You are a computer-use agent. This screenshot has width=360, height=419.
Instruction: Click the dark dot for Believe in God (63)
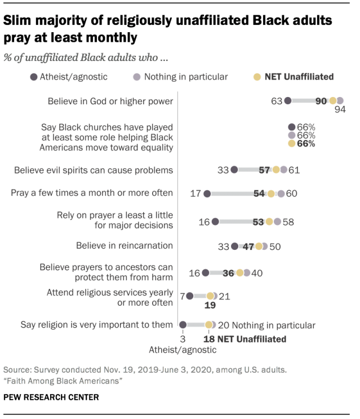coord(288,101)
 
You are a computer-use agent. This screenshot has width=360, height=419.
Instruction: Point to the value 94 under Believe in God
coord(340,110)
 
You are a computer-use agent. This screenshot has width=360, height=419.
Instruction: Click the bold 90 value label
coord(321,101)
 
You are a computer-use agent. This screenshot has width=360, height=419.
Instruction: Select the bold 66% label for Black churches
coord(306,144)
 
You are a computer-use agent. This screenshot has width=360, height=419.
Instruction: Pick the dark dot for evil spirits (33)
coord(234,169)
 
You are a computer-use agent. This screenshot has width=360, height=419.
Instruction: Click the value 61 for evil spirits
coord(294,169)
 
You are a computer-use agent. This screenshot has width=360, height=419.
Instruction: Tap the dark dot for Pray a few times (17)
coord(207,193)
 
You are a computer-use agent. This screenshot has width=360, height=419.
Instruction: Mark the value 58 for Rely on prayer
coord(288,222)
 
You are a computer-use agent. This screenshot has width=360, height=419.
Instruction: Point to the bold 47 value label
coord(248,246)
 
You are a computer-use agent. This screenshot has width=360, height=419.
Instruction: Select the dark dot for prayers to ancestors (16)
coord(206,273)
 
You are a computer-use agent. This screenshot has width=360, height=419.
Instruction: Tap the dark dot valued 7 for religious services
coord(190,296)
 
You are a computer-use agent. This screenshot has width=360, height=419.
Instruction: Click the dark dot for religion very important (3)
coord(183,324)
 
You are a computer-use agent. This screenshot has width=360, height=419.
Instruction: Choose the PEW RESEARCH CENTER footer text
coord(51,397)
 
